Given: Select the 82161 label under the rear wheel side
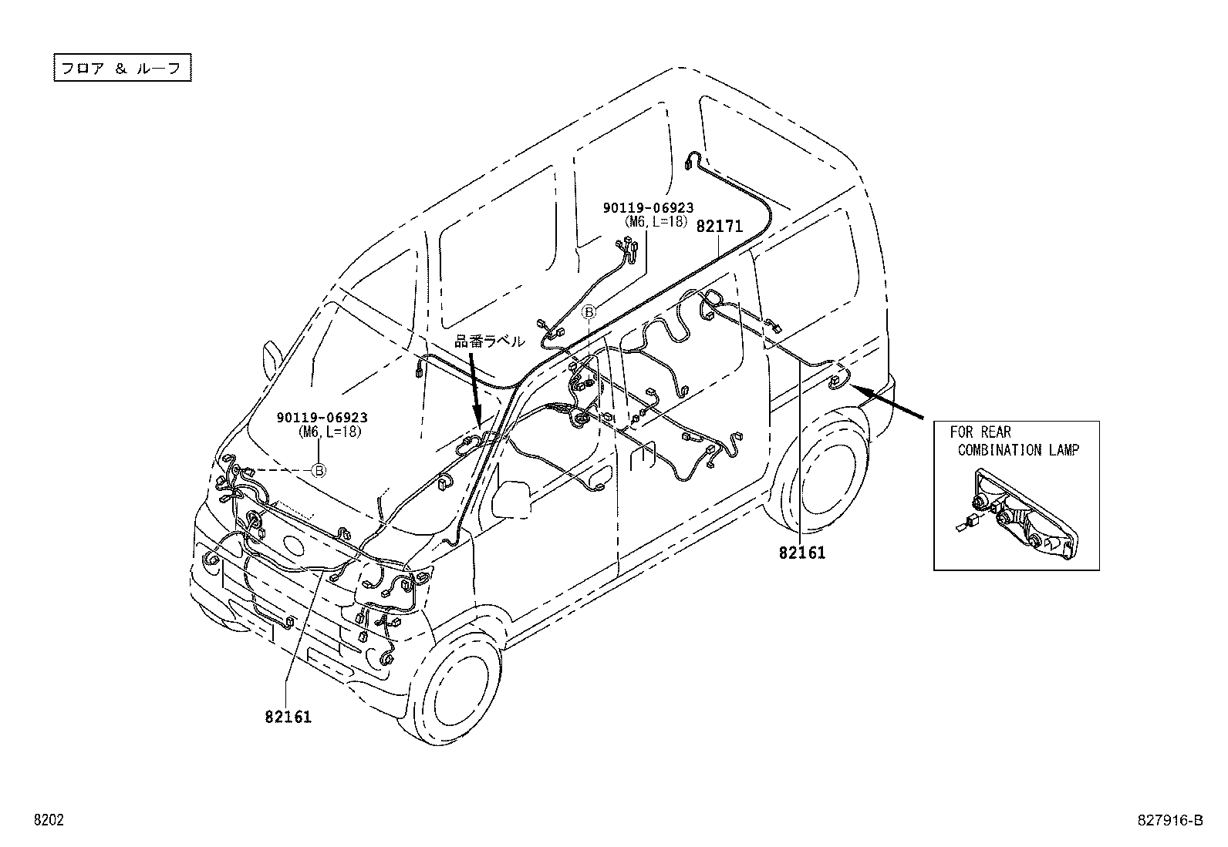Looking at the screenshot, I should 801,553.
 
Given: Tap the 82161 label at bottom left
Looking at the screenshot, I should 288,717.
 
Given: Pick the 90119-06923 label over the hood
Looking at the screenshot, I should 322,418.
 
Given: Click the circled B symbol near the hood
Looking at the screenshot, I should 319,470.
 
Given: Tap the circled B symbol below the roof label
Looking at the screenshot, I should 589,311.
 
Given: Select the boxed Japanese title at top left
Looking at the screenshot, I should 122,67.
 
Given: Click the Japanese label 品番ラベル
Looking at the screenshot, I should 489,341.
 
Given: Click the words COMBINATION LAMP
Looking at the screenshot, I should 1018,450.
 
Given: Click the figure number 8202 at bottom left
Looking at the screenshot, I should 47,821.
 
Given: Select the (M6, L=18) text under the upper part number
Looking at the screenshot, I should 656,221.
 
